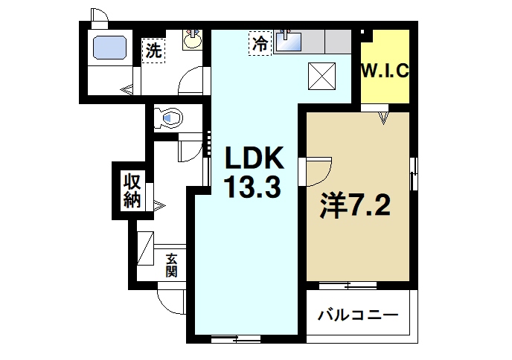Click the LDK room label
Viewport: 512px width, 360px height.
(x=253, y=158)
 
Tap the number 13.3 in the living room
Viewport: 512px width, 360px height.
(x=253, y=187)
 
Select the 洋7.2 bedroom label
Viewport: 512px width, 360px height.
(x=355, y=205)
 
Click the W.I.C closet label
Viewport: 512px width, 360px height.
(x=385, y=72)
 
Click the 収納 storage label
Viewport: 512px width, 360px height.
(x=132, y=190)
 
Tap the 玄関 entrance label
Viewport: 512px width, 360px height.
(x=171, y=264)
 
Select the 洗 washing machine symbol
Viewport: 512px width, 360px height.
(x=153, y=51)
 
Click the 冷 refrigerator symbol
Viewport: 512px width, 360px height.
(x=259, y=43)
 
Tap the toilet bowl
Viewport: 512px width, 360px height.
(x=170, y=117)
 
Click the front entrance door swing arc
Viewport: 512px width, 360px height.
(x=171, y=301)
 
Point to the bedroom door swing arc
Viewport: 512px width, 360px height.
(x=319, y=171)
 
